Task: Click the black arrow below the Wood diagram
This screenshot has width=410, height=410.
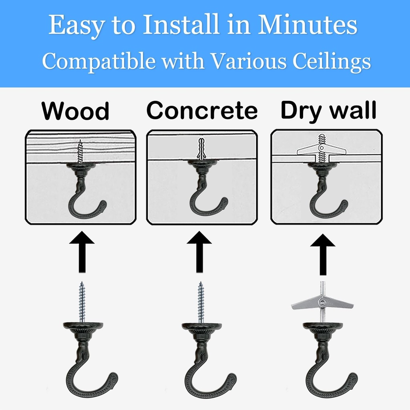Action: (x=82, y=251)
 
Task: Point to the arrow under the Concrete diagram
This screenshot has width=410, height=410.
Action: (x=199, y=251)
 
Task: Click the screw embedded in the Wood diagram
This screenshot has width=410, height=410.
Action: (x=80, y=151)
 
